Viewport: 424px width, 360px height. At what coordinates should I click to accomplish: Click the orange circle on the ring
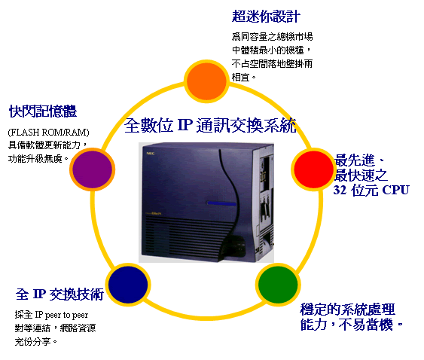(x=206, y=81)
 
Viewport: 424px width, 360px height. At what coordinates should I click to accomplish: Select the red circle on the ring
(x=313, y=169)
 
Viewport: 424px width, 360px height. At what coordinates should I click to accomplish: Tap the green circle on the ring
(x=278, y=285)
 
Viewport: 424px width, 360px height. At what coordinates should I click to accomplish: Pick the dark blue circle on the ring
(x=128, y=285)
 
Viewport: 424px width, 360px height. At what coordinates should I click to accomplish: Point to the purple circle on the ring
(x=92, y=169)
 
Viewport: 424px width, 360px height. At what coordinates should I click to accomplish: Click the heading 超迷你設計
(x=266, y=17)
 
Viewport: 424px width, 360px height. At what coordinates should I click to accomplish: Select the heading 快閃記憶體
(x=43, y=111)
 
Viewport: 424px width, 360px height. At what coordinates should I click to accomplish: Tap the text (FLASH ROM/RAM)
(x=49, y=133)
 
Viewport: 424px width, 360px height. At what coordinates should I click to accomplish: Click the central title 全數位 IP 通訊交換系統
(x=210, y=125)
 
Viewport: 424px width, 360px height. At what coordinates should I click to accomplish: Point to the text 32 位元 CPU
(x=371, y=190)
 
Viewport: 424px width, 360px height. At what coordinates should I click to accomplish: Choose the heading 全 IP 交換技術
(x=59, y=294)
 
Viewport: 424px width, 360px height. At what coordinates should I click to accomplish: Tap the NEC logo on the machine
(x=151, y=154)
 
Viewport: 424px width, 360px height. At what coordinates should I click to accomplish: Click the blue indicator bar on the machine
(x=221, y=203)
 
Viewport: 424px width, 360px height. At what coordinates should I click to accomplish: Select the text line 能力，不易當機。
(x=352, y=325)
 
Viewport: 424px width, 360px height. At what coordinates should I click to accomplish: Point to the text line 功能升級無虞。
(x=38, y=159)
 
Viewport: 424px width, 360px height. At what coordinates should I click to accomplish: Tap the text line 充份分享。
(x=36, y=342)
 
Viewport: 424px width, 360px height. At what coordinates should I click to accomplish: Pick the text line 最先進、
(x=359, y=160)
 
